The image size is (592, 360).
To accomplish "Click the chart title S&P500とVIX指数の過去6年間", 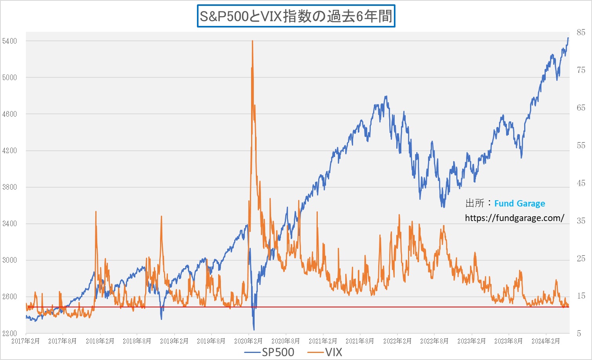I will coord(296,16).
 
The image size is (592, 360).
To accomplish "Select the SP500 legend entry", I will coord(269,352).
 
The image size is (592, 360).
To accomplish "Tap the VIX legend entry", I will coord(325,352).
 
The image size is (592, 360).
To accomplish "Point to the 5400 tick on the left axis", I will coord(9,41).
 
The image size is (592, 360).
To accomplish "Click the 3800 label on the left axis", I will coord(9,187).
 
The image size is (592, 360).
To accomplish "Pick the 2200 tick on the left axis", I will coord(9,333).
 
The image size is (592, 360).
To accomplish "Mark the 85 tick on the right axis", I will coord(581,33).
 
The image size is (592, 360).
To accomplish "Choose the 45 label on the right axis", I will coord(581,183).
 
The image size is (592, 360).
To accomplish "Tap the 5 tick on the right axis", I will coord(579,333).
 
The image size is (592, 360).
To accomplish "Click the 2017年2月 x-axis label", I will coord(26,341).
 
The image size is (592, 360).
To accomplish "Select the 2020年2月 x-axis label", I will coord(248,341).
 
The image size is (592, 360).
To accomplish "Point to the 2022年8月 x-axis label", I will coord(434,341).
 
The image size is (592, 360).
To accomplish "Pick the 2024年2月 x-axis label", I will coord(546,341).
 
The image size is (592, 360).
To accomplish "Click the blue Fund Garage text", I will coord(519,203).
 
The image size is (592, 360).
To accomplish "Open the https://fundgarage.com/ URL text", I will coord(514,218).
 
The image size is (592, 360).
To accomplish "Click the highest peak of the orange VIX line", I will coord(252,40).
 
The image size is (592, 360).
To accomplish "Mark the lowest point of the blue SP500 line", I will coord(254,329).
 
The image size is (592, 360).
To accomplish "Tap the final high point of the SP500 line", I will coord(568,38).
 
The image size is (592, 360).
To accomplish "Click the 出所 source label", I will coord(475,203).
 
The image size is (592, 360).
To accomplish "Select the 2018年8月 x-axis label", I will coord(137,341).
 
